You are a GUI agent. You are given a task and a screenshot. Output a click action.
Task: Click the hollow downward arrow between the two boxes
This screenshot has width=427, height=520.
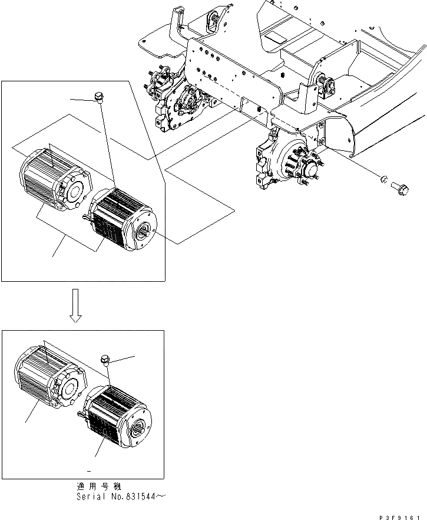(x=75, y=306)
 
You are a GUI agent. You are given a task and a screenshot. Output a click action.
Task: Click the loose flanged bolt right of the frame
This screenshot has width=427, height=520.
(x=399, y=188)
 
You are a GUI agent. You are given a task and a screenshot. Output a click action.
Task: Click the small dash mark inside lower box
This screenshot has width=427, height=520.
(x=88, y=471)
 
